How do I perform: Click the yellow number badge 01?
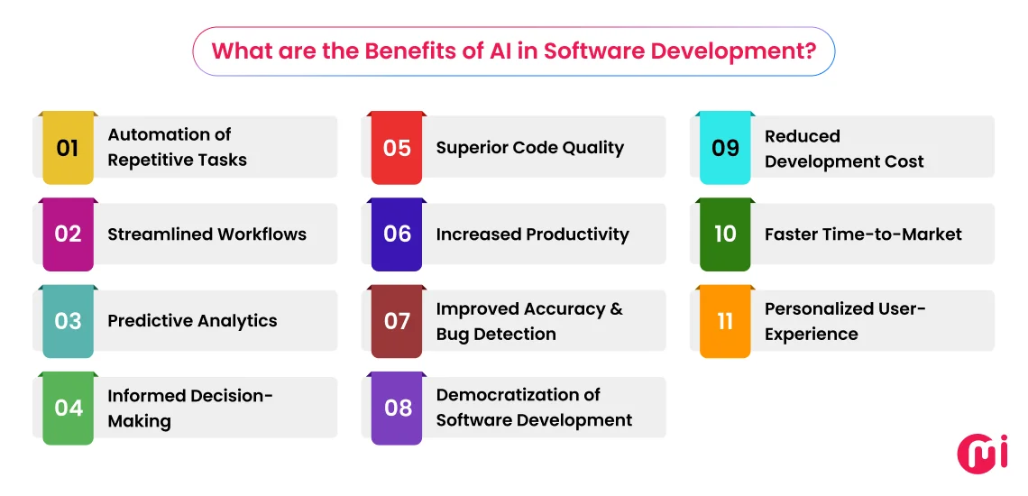pos(69,148)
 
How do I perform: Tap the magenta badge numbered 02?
pos(69,234)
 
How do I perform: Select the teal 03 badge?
pos(69,321)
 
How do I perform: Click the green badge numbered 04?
pos(69,408)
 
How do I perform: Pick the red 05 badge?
pos(397,148)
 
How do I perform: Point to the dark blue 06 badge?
pos(397,234)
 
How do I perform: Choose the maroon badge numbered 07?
pos(397,321)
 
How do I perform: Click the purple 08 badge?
pos(397,408)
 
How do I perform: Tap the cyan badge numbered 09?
pos(726,148)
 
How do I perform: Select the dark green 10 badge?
pos(726,234)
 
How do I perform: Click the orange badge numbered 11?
pos(726,321)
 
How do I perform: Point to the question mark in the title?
pos(810,51)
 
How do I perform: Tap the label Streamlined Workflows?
pos(207,234)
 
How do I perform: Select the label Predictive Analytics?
pos(192,321)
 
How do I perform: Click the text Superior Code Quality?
pos(530,148)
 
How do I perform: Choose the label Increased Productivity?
pos(532,234)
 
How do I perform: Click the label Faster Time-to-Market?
pos(863,234)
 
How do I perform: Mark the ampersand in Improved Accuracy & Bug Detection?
pos(616,309)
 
